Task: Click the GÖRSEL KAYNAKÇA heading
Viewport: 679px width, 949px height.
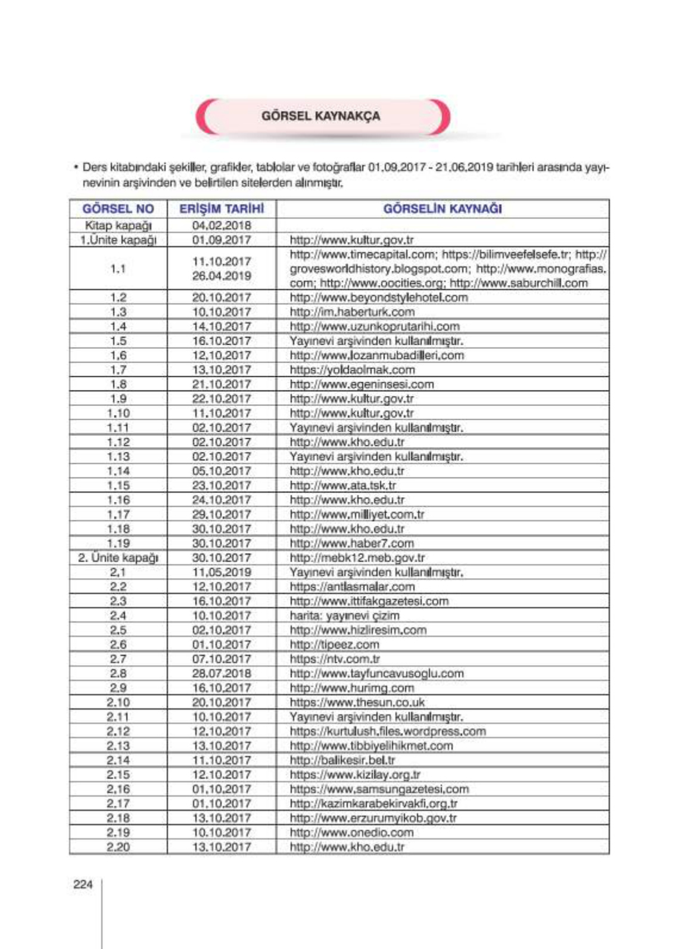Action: click(x=320, y=116)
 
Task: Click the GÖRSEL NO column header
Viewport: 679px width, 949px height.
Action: click(x=118, y=209)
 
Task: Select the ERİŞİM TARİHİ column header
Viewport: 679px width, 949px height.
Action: click(x=221, y=209)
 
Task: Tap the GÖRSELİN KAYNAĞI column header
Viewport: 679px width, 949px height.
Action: click(x=442, y=209)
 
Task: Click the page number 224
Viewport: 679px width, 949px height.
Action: click(x=83, y=884)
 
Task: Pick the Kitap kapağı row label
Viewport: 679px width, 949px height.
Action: click(x=118, y=226)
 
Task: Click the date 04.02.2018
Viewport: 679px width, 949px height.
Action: click(x=221, y=226)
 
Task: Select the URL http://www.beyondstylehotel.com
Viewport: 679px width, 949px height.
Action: click(x=378, y=298)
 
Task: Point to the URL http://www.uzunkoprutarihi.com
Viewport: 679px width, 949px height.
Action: click(x=374, y=326)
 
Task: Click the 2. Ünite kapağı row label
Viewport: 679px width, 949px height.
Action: click(x=118, y=558)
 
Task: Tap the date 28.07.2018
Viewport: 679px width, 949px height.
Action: click(x=221, y=673)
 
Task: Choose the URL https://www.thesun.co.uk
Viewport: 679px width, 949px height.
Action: click(x=357, y=703)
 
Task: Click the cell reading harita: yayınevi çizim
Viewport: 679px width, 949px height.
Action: click(x=344, y=616)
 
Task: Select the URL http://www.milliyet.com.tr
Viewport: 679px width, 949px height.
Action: click(x=357, y=514)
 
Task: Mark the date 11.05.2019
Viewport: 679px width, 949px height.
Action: click(x=221, y=572)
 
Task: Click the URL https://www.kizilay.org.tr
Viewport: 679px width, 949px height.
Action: click(x=355, y=775)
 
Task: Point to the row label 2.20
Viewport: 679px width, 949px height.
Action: click(x=118, y=847)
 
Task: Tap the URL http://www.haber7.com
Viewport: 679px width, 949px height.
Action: click(x=351, y=544)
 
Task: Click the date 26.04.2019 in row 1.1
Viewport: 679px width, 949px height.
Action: click(x=221, y=276)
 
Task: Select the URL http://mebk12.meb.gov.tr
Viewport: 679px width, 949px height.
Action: click(x=357, y=558)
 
